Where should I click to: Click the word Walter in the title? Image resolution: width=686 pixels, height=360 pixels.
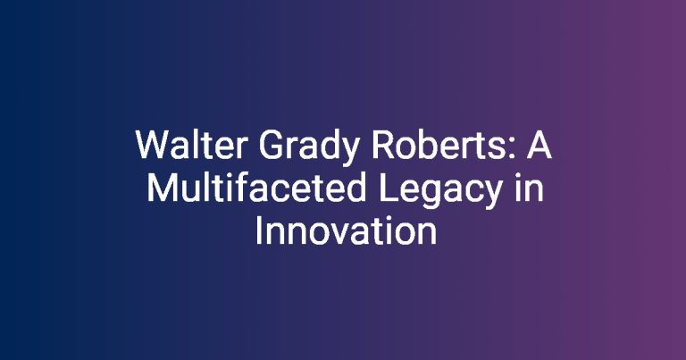(x=192, y=145)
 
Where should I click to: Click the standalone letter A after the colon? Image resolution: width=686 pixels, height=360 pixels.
(x=539, y=145)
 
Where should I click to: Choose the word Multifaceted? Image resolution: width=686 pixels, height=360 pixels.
(x=256, y=188)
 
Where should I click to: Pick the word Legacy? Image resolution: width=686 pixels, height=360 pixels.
(x=440, y=191)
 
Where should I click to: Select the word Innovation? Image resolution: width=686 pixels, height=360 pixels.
(x=346, y=230)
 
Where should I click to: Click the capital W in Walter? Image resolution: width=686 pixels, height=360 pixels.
(x=154, y=145)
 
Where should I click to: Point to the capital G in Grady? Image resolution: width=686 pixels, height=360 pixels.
(x=271, y=145)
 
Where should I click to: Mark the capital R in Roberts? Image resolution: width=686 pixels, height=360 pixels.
(x=382, y=145)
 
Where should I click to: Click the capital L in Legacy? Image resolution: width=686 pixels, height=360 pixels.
(x=387, y=188)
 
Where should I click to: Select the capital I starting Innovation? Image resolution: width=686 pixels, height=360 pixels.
(x=258, y=230)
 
